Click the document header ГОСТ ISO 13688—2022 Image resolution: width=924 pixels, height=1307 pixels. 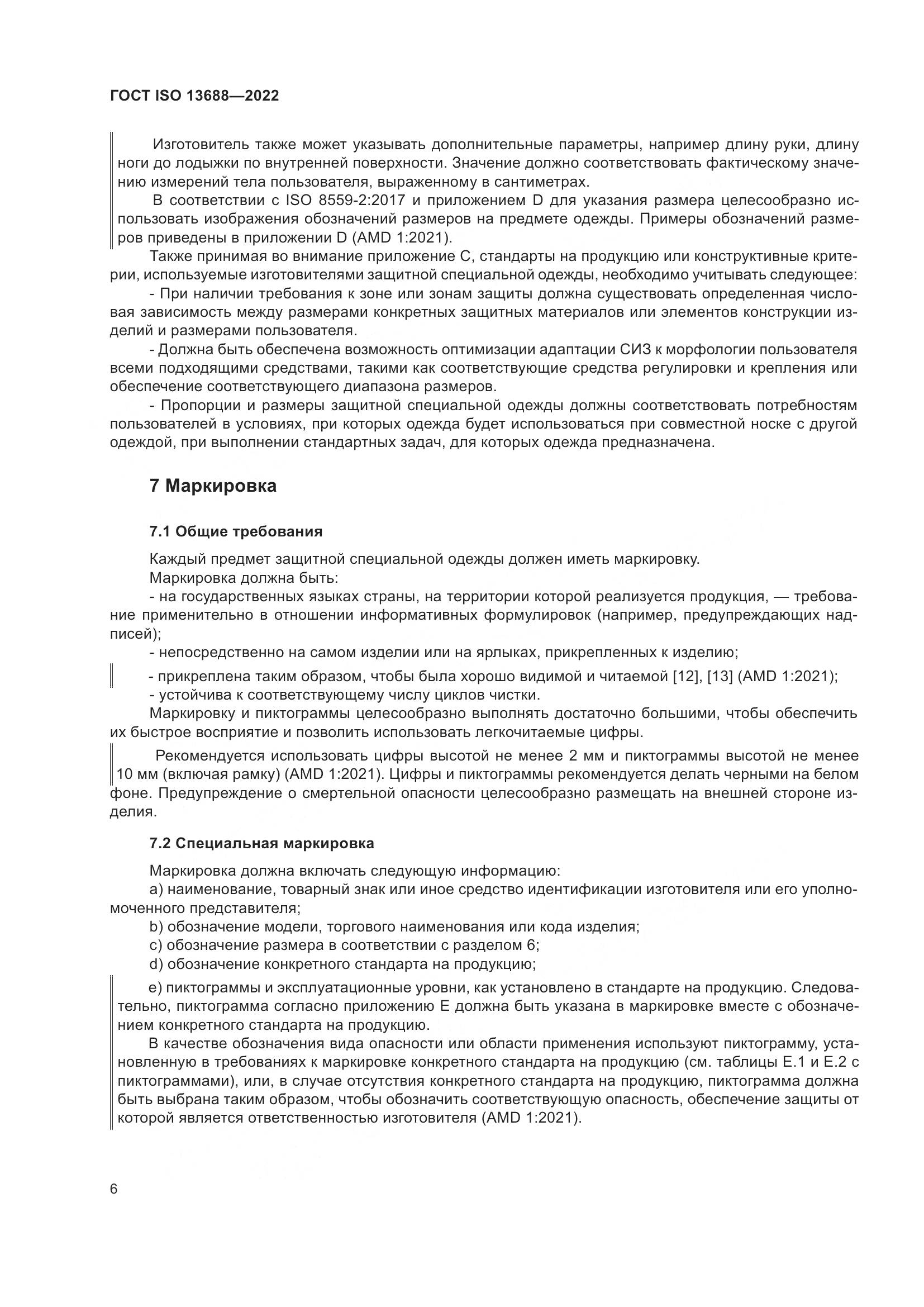[x=194, y=96]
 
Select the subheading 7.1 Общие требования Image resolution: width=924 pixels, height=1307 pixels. [x=236, y=531]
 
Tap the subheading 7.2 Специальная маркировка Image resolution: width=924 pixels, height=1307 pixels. [x=261, y=844]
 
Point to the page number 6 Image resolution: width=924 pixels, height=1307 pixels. [x=113, y=1189]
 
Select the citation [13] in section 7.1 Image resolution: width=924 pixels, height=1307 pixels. [x=719, y=677]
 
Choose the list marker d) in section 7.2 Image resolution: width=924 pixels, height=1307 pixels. [x=156, y=964]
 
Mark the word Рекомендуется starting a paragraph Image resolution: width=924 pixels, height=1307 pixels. [x=210, y=756]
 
